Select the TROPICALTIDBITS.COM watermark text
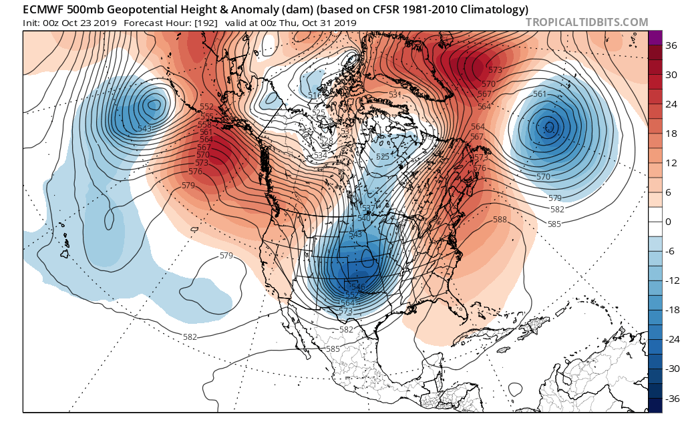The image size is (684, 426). click(586, 22)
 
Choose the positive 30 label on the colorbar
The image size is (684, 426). click(669, 73)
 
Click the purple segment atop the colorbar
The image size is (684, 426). click(655, 37)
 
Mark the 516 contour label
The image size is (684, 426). click(315, 96)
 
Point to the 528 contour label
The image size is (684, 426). click(326, 141)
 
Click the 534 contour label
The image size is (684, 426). click(321, 156)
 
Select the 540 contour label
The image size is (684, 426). click(364, 218)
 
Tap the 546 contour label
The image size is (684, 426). click(358, 287)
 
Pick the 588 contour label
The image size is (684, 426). click(500, 220)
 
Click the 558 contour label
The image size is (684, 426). click(204, 124)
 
